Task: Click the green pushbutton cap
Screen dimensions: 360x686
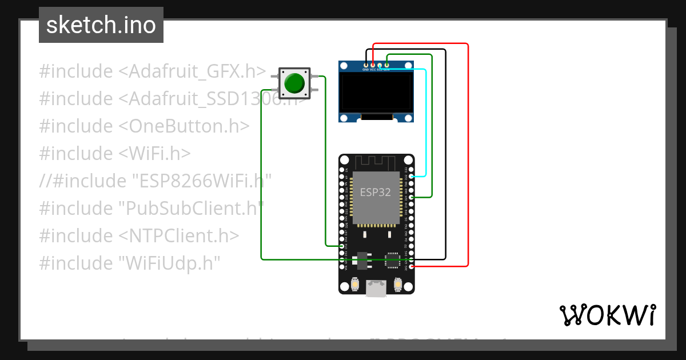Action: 294,83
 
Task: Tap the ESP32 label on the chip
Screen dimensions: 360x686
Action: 376,193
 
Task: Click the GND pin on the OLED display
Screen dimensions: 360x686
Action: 366,66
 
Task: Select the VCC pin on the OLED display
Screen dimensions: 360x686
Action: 373,66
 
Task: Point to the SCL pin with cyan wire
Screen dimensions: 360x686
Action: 380,66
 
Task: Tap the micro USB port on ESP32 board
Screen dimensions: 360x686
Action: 376,289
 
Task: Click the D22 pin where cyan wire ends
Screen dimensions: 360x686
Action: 412,177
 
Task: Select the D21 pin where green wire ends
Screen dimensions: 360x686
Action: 412,197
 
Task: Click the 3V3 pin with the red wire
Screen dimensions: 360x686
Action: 412,266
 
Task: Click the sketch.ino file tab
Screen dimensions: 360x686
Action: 101,25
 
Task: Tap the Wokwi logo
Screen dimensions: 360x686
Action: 607,315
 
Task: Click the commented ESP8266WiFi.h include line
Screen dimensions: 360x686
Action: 154,181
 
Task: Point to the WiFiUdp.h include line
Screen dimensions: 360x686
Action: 129,263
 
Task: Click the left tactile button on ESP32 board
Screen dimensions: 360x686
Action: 355,284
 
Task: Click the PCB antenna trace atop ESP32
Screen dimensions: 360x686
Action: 376,162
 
